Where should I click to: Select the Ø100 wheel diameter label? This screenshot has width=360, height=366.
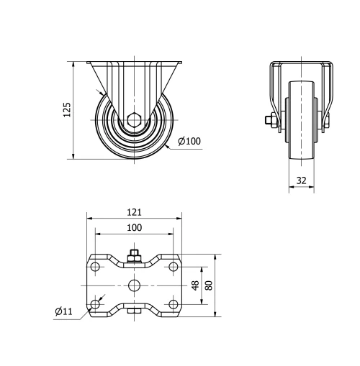point(189,141)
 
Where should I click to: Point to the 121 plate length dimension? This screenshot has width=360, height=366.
point(134,212)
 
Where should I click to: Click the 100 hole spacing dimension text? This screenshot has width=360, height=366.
point(134,227)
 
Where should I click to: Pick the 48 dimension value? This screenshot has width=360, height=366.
point(194,285)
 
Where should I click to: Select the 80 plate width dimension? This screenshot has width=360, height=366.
point(209,285)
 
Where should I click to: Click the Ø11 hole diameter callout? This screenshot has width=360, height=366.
point(63,311)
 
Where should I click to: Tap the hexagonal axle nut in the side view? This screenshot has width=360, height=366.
point(135,120)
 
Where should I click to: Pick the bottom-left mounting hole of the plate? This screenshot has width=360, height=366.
point(96,305)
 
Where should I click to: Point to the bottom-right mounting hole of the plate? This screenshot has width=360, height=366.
point(173,305)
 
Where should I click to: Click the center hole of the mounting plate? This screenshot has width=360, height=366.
point(135,285)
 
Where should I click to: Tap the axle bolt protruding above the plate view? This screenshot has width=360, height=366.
point(134,255)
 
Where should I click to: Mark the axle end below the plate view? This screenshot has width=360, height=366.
point(135,311)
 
